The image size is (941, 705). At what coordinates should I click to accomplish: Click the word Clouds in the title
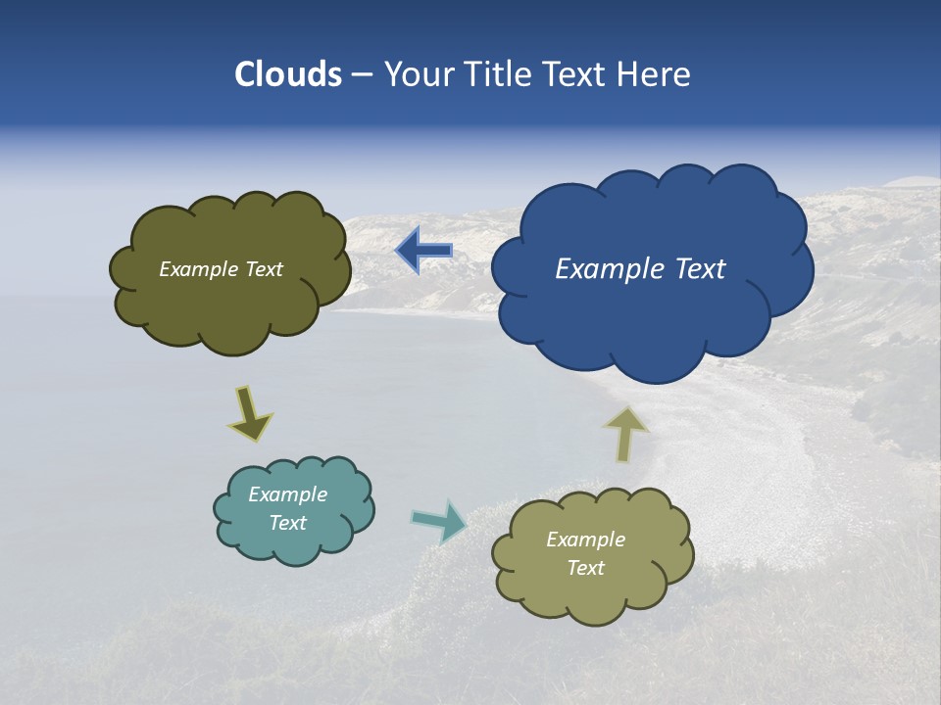coord(288,74)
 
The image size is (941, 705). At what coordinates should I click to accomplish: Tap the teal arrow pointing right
coord(440,520)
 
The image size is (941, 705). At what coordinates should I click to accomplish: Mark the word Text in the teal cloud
coord(288,523)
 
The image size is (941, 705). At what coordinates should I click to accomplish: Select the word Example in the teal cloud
coord(288,494)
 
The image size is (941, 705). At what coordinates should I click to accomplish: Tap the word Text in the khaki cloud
coord(586,568)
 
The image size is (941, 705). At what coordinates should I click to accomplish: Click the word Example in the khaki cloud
coord(586,540)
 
